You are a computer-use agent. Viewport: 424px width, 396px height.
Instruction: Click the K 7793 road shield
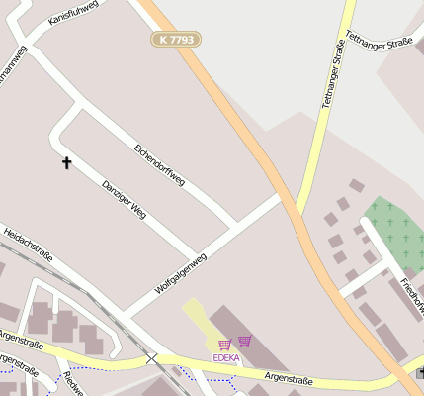(177, 40)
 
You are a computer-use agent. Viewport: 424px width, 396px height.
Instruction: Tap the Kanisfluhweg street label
(72, 14)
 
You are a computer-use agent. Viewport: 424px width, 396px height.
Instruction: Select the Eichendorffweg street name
(159, 163)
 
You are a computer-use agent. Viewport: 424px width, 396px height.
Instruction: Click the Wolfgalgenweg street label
(181, 273)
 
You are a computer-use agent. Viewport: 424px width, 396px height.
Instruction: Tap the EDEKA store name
(226, 357)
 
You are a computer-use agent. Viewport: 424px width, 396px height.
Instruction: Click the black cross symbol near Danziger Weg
(67, 162)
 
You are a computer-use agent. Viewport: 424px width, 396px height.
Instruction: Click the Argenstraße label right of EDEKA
(289, 379)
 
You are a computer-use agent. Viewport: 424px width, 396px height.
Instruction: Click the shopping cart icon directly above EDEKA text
(224, 345)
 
